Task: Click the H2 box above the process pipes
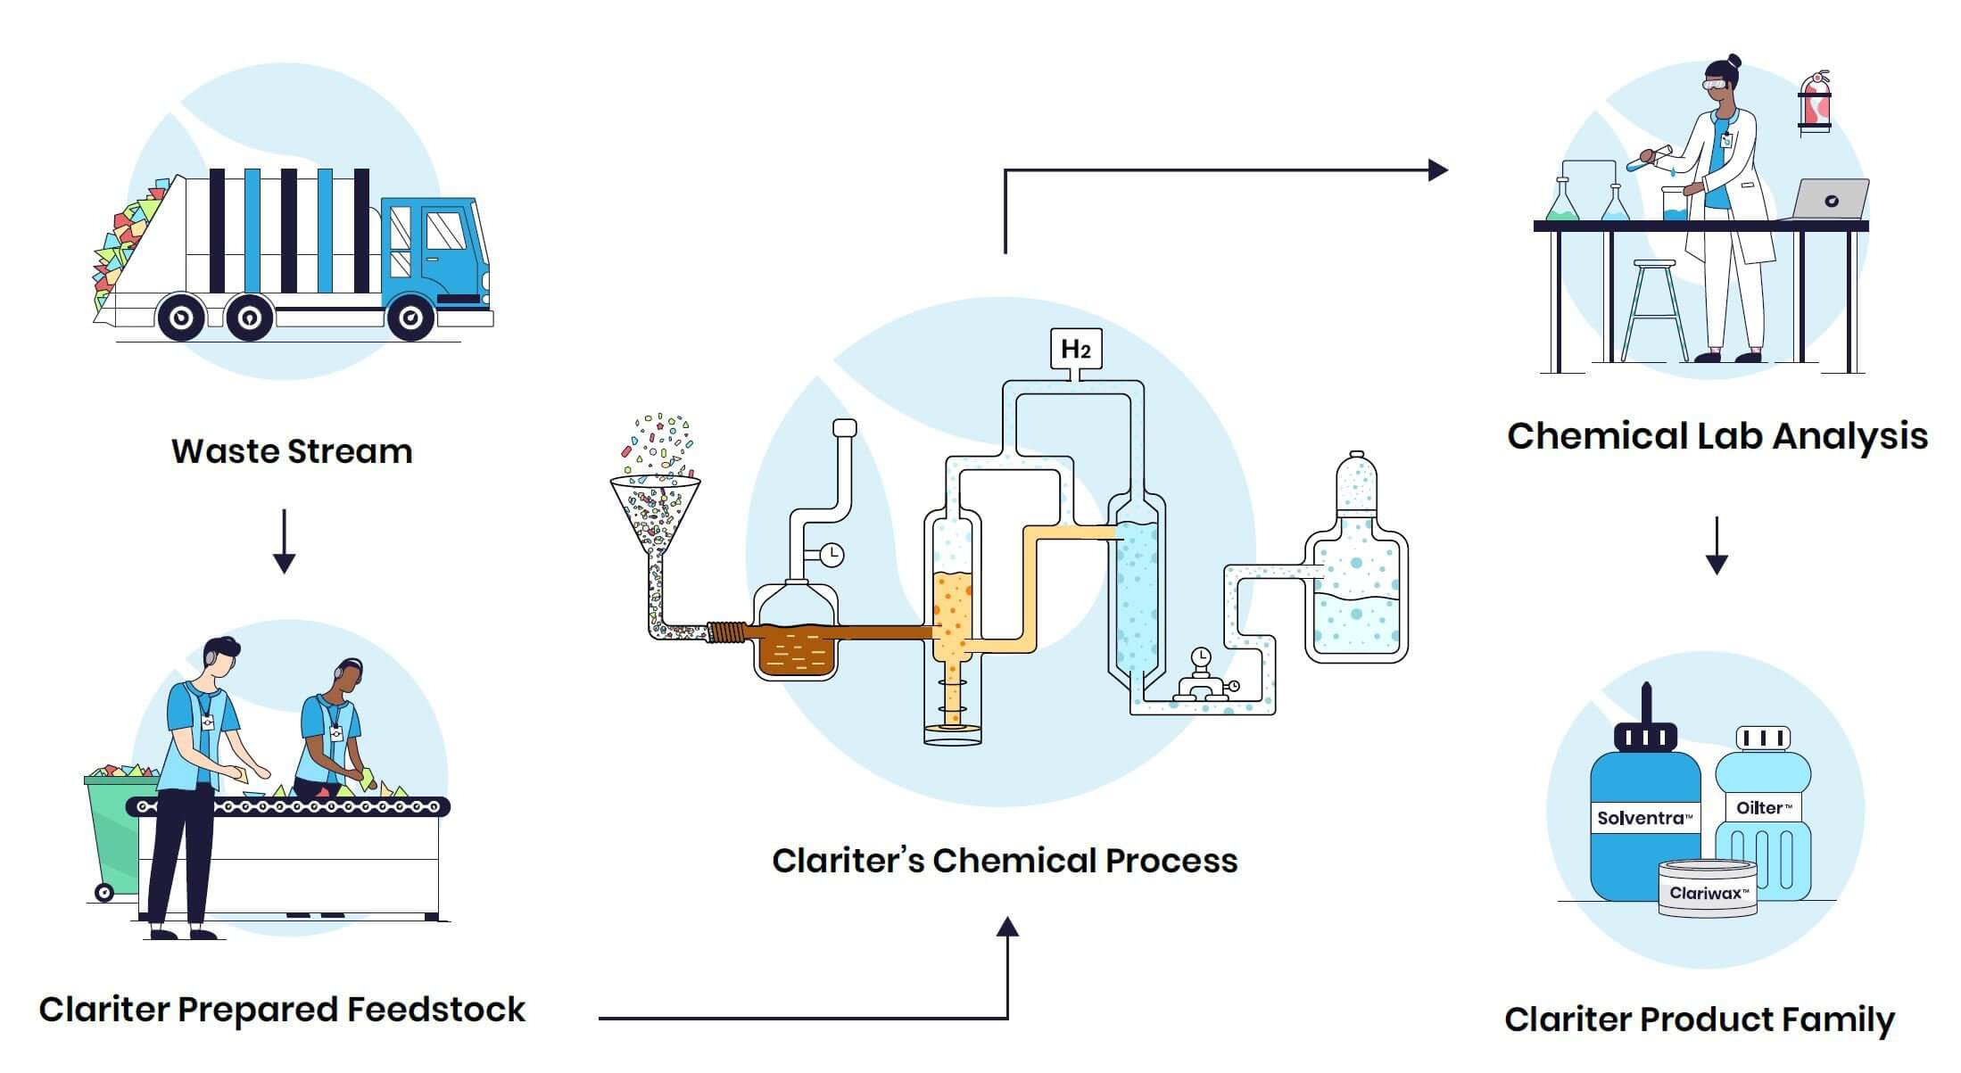point(1076,350)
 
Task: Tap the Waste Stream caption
point(292,451)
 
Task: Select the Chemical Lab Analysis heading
point(1717,436)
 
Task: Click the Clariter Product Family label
point(1700,1019)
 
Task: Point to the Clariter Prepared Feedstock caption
point(282,1010)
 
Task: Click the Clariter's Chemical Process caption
point(1005,861)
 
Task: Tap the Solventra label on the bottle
point(1644,818)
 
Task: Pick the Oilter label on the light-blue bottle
point(1763,808)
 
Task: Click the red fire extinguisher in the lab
point(1815,102)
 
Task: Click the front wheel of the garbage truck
point(410,317)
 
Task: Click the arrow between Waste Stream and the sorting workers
point(284,541)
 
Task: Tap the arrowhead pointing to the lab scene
point(1437,169)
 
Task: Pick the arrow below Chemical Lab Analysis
point(1717,545)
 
